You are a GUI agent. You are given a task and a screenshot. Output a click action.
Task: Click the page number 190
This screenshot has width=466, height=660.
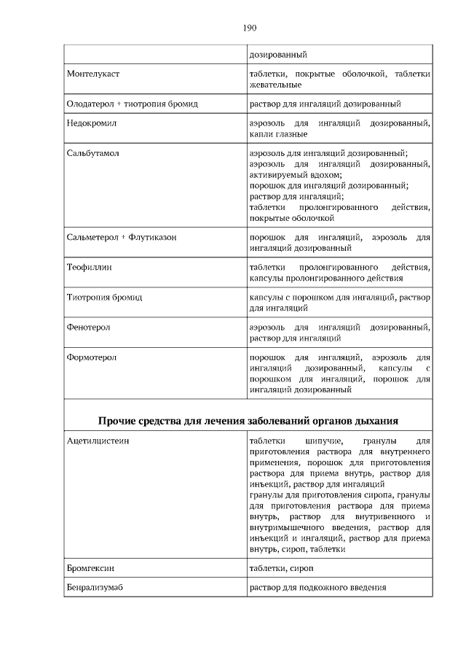[x=249, y=28]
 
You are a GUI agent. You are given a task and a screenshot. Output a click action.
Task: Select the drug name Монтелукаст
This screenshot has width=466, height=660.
[x=93, y=74]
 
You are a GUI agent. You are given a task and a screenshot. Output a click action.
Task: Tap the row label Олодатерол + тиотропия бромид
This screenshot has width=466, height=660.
[x=132, y=104]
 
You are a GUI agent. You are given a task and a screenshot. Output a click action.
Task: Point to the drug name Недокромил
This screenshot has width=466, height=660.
[x=92, y=124]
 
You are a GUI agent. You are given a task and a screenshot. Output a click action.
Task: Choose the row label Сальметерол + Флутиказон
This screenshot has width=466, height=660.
[x=122, y=238]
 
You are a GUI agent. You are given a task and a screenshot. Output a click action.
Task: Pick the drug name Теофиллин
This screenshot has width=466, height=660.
[x=89, y=268]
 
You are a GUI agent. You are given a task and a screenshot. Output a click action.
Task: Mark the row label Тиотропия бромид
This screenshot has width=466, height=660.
[x=104, y=298]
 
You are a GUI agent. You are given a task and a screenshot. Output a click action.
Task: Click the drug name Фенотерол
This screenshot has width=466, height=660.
[x=88, y=328]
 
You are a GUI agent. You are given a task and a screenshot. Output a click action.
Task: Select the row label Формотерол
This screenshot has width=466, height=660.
[x=91, y=358]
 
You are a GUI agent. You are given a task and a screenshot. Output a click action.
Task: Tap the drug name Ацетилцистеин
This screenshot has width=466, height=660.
[x=98, y=442]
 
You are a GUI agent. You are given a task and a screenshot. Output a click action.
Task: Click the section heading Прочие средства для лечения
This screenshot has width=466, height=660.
[x=248, y=421]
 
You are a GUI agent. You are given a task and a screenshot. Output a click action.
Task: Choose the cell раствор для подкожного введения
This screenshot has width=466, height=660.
[x=317, y=588]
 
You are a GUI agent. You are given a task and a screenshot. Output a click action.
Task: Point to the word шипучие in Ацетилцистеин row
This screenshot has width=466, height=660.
[x=323, y=442]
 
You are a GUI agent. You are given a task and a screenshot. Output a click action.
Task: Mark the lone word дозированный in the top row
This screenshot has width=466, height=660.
[x=277, y=55]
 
